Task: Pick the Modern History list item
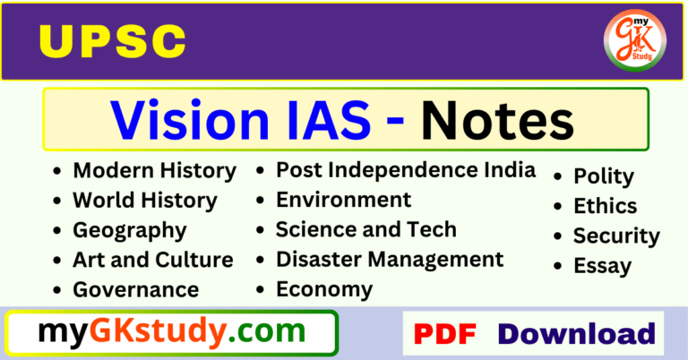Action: click(x=154, y=170)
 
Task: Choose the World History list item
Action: click(x=144, y=200)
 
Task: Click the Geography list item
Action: click(x=130, y=230)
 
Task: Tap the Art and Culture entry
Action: click(x=152, y=260)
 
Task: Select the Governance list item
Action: click(x=136, y=290)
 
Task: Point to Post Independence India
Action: click(x=405, y=169)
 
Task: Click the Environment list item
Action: click(x=343, y=199)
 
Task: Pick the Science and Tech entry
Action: click(x=365, y=229)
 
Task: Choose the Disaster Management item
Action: click(x=390, y=260)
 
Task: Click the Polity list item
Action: click(x=603, y=176)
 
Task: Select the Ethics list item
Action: click(x=605, y=206)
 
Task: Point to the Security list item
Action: click(x=616, y=236)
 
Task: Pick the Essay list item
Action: click(x=602, y=266)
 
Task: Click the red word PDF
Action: click(x=444, y=334)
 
